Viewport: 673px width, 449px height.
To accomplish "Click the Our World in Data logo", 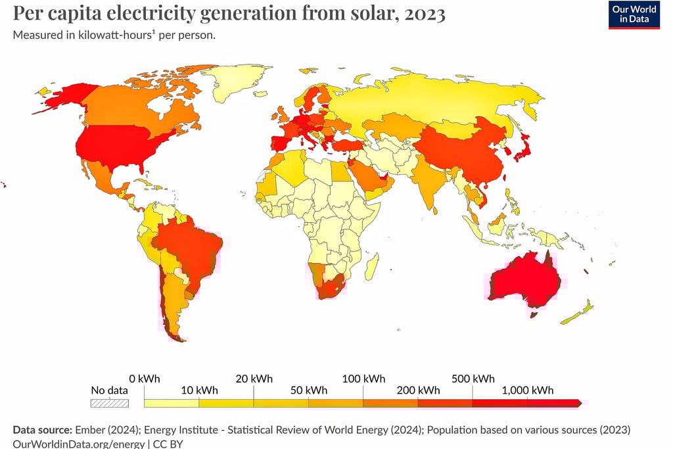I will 634,14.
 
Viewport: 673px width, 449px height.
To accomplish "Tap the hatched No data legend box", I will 109,403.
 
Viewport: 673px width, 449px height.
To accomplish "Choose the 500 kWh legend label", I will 473,379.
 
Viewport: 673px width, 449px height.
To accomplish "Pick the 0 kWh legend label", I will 145,379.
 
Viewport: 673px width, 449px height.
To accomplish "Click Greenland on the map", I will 240,82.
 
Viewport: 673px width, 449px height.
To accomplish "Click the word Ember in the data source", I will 88,430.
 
